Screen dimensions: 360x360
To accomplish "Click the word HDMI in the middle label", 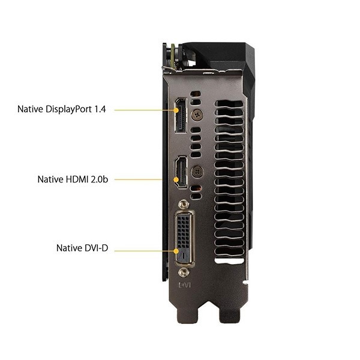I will tap(77, 179).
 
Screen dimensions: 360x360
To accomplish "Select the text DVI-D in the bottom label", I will tap(96, 248).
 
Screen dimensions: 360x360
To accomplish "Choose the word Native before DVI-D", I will tap(70, 248).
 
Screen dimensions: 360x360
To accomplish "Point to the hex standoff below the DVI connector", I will tap(183, 272).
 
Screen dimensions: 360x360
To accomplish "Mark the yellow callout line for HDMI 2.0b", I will tap(138, 179).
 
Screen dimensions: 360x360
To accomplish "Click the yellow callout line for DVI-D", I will tap(144, 248).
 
